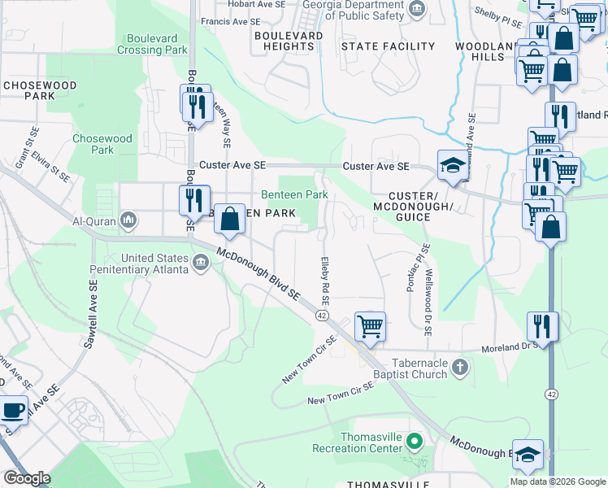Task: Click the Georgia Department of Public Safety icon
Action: (x=417, y=9)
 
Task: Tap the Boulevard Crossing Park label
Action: (x=158, y=44)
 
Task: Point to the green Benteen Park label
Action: (x=294, y=194)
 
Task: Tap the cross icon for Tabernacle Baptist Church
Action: (x=459, y=368)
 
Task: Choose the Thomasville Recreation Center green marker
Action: (x=415, y=442)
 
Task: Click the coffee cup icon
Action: (x=13, y=411)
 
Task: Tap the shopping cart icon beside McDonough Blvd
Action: (x=370, y=326)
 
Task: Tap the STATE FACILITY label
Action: (x=388, y=46)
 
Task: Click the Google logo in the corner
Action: (x=26, y=478)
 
